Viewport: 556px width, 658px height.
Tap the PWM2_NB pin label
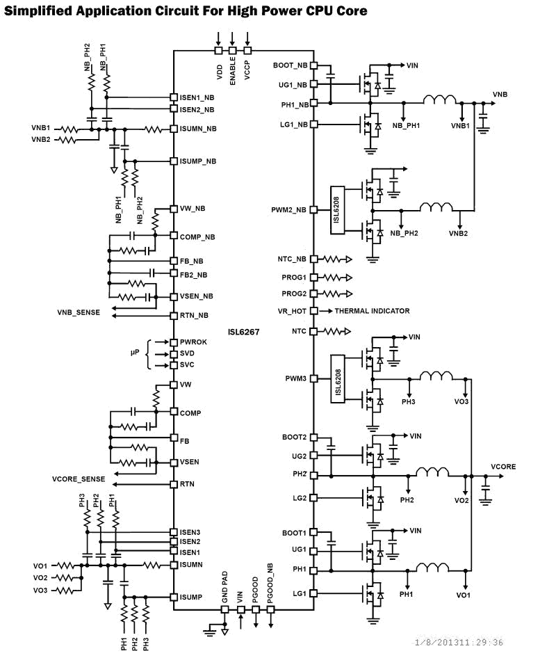(x=289, y=209)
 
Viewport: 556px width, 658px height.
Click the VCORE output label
(x=503, y=467)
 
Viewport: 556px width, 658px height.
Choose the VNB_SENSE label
(x=79, y=313)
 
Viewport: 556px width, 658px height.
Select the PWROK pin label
(x=193, y=342)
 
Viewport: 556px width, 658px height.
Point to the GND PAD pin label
(x=224, y=586)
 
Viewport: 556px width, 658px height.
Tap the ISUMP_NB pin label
(x=198, y=161)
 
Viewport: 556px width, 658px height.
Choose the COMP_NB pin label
(x=197, y=237)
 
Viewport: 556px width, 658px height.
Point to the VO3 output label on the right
(x=461, y=402)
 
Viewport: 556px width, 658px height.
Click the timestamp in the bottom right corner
(x=459, y=642)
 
